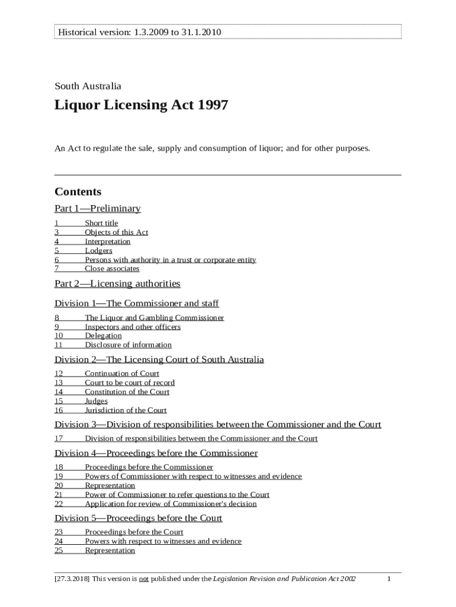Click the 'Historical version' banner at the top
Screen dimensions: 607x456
139,31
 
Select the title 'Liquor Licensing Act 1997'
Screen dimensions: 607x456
141,106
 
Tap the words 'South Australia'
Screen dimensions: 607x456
88,86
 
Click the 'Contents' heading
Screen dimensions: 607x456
78,191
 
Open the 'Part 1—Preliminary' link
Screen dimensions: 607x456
98,208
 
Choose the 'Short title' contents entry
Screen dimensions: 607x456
101,223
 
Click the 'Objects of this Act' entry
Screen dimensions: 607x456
116,232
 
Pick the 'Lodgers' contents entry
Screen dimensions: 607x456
98,251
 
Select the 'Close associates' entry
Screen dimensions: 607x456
112,269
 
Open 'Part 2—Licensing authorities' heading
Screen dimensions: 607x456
117,284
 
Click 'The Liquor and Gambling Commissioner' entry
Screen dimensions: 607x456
154,318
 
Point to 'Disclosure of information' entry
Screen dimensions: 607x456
128,345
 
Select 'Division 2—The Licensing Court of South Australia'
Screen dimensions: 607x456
159,360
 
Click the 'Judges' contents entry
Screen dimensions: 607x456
96,401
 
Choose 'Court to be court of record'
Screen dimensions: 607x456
130,383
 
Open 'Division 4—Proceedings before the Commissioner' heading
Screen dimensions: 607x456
156,453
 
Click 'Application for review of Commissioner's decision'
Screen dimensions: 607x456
171,504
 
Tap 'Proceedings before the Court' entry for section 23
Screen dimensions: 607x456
134,532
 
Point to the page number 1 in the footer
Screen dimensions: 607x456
389,579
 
